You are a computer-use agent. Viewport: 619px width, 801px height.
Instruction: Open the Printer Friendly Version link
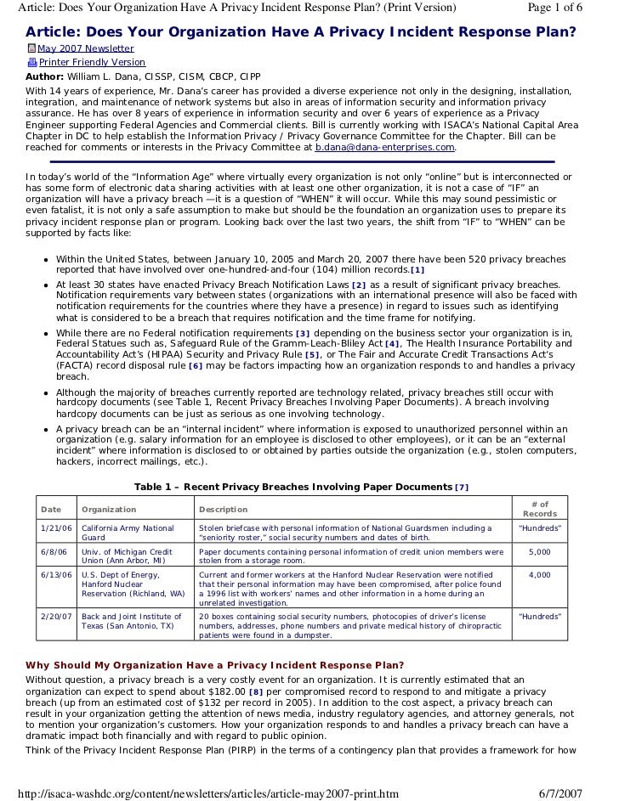point(92,62)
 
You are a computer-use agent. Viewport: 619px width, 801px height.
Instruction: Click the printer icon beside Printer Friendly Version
point(31,62)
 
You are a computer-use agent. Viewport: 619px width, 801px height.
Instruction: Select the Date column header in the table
point(51,510)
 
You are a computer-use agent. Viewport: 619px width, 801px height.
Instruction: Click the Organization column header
point(109,510)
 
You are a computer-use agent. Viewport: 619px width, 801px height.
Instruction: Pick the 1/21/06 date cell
point(54,528)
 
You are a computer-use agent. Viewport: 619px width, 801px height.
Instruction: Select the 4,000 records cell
point(539,575)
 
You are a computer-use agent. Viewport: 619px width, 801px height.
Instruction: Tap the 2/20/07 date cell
point(54,616)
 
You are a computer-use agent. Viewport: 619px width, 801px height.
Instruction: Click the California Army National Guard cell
point(128,533)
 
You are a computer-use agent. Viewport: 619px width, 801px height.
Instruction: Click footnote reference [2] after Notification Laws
point(358,285)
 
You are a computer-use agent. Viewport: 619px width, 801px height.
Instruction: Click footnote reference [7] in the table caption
point(462,487)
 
